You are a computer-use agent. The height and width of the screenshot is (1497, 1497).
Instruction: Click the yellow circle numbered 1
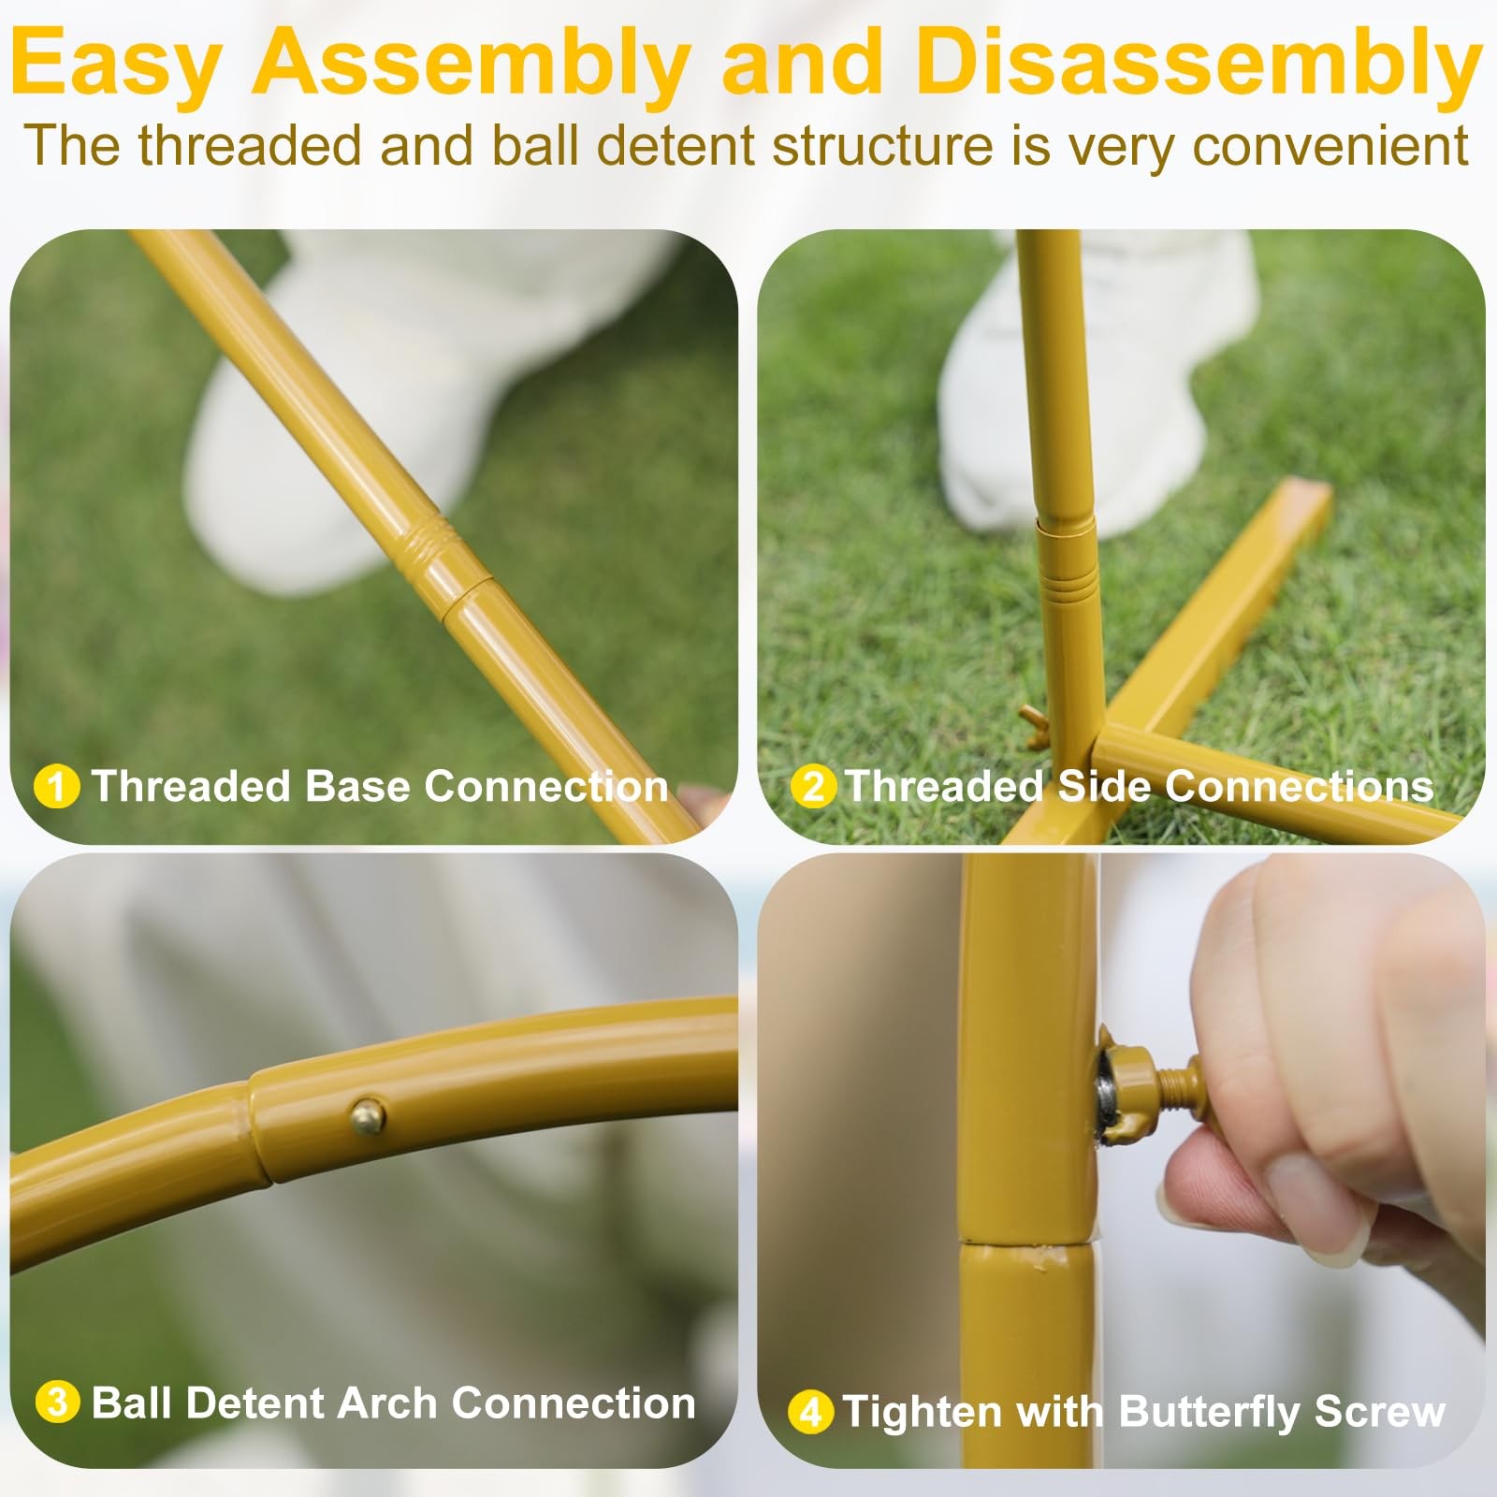tap(56, 787)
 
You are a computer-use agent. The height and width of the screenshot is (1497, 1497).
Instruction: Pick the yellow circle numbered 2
tap(813, 787)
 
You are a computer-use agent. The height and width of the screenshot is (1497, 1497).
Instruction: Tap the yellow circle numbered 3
tap(57, 1403)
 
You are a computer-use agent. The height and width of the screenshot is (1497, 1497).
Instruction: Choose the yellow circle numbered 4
tap(810, 1412)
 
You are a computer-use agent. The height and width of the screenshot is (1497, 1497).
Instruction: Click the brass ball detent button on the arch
tap(368, 1114)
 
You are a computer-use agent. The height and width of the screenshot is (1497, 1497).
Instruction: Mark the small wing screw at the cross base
tap(1037, 727)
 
